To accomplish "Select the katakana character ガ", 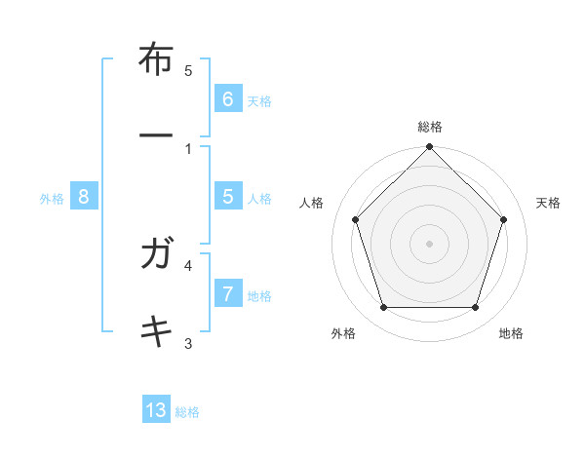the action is (157, 255).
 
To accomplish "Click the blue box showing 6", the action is (227, 99).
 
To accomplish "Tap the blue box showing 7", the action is (227, 294).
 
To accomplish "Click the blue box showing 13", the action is (156, 410).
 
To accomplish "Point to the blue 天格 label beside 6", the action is (258, 101).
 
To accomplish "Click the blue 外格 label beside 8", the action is (51, 199).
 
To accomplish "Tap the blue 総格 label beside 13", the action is (187, 412).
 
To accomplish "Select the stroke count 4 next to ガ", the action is (188, 264).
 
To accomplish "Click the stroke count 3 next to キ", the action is (188, 342).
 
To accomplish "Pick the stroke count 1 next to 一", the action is (188, 148).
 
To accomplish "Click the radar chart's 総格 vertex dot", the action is (429, 148).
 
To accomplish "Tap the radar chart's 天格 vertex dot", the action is (504, 219).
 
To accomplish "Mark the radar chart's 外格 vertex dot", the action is (383, 308).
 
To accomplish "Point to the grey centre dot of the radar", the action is (429, 243).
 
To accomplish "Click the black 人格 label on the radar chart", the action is (312, 203).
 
